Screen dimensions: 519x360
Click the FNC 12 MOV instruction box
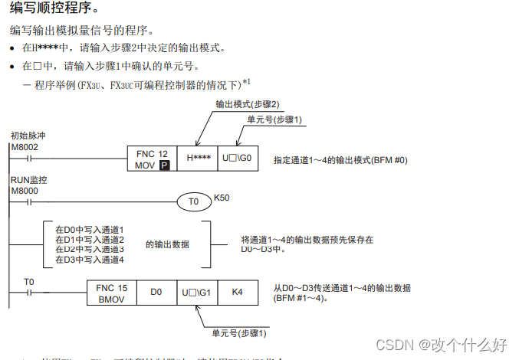(152, 159)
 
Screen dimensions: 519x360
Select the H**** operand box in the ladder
(199, 159)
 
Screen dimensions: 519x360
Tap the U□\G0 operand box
(238, 159)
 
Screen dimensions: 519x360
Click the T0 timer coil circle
(194, 201)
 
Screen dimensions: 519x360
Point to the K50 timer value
(222, 198)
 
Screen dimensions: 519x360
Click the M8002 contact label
(25, 146)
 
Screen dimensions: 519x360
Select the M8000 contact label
(25, 190)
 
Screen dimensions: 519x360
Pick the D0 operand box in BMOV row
(156, 293)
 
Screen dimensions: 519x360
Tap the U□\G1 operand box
(198, 293)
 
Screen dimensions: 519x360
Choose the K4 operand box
(238, 293)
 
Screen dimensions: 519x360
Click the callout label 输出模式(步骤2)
(248, 104)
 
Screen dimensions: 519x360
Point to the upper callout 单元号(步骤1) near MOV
(274, 120)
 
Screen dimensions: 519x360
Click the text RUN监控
(28, 180)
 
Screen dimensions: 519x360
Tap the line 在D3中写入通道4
(90, 260)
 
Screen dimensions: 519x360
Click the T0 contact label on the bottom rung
(29, 282)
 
